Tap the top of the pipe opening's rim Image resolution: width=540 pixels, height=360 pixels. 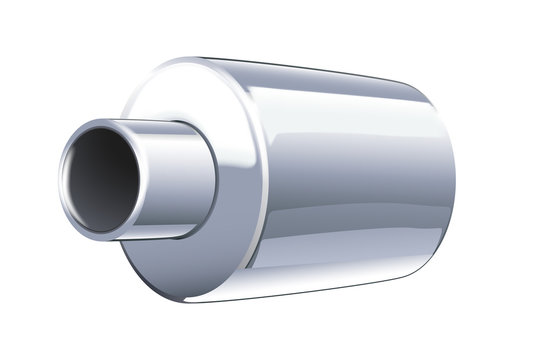pyautogui.click(x=105, y=122)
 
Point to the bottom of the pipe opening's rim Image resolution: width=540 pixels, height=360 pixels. pyautogui.click(x=100, y=237)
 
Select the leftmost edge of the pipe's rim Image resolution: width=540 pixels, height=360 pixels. pyautogui.click(x=62, y=181)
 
